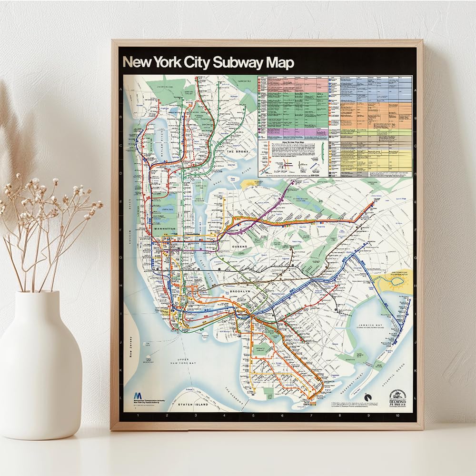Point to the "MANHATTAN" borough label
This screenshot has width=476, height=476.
pos(165,229)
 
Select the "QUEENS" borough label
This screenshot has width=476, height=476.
pos(240,247)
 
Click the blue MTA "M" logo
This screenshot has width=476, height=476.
pos(138,396)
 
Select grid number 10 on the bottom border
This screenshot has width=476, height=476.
pos(397,416)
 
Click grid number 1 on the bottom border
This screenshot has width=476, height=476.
pos(138,416)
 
